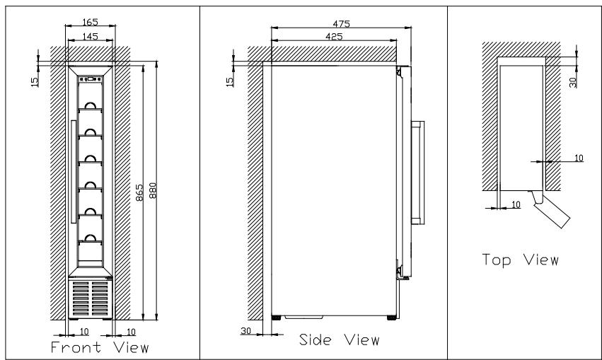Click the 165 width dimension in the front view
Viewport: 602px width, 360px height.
(x=91, y=22)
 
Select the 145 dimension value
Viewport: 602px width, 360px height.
(x=91, y=37)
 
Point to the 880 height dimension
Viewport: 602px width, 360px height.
(x=153, y=191)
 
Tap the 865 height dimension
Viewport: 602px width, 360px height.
(x=139, y=192)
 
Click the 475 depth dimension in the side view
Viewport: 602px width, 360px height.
(x=341, y=24)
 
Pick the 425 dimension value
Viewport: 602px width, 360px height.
(x=334, y=37)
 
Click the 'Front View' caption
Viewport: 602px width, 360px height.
(x=100, y=347)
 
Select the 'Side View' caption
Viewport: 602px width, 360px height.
(x=340, y=339)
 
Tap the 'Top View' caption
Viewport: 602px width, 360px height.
(x=520, y=260)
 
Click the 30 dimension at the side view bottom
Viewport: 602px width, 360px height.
(x=245, y=330)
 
